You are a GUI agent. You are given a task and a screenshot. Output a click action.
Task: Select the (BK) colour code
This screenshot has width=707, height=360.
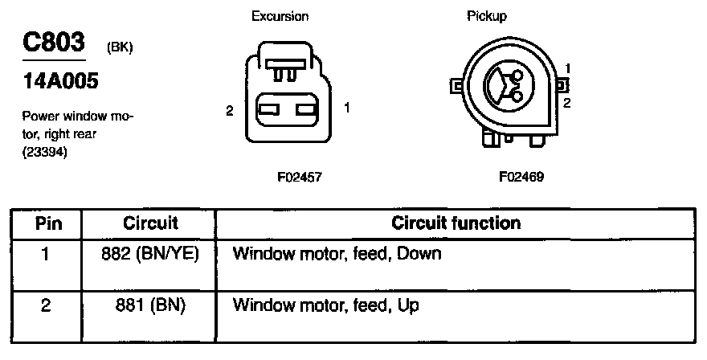click(119, 47)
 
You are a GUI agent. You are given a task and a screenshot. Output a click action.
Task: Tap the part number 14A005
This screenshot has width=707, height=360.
click(55, 82)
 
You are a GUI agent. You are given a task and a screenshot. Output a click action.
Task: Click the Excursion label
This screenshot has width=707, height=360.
click(280, 16)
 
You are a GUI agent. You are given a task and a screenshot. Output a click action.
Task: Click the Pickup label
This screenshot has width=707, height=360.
click(487, 16)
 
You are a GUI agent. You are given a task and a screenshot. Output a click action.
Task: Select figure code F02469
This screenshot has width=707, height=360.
click(521, 176)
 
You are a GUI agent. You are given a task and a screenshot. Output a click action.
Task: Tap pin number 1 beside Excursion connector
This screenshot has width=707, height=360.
click(346, 107)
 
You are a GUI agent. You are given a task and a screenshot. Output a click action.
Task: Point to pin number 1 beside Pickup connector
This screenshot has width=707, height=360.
click(567, 67)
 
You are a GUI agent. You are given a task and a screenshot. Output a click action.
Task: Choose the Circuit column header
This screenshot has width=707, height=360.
click(150, 223)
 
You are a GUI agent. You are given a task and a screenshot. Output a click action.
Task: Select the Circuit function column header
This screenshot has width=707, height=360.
click(456, 223)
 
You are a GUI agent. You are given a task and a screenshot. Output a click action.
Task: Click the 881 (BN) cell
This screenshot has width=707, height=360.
click(150, 305)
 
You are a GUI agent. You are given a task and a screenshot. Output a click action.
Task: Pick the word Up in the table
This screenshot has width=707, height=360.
click(407, 305)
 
